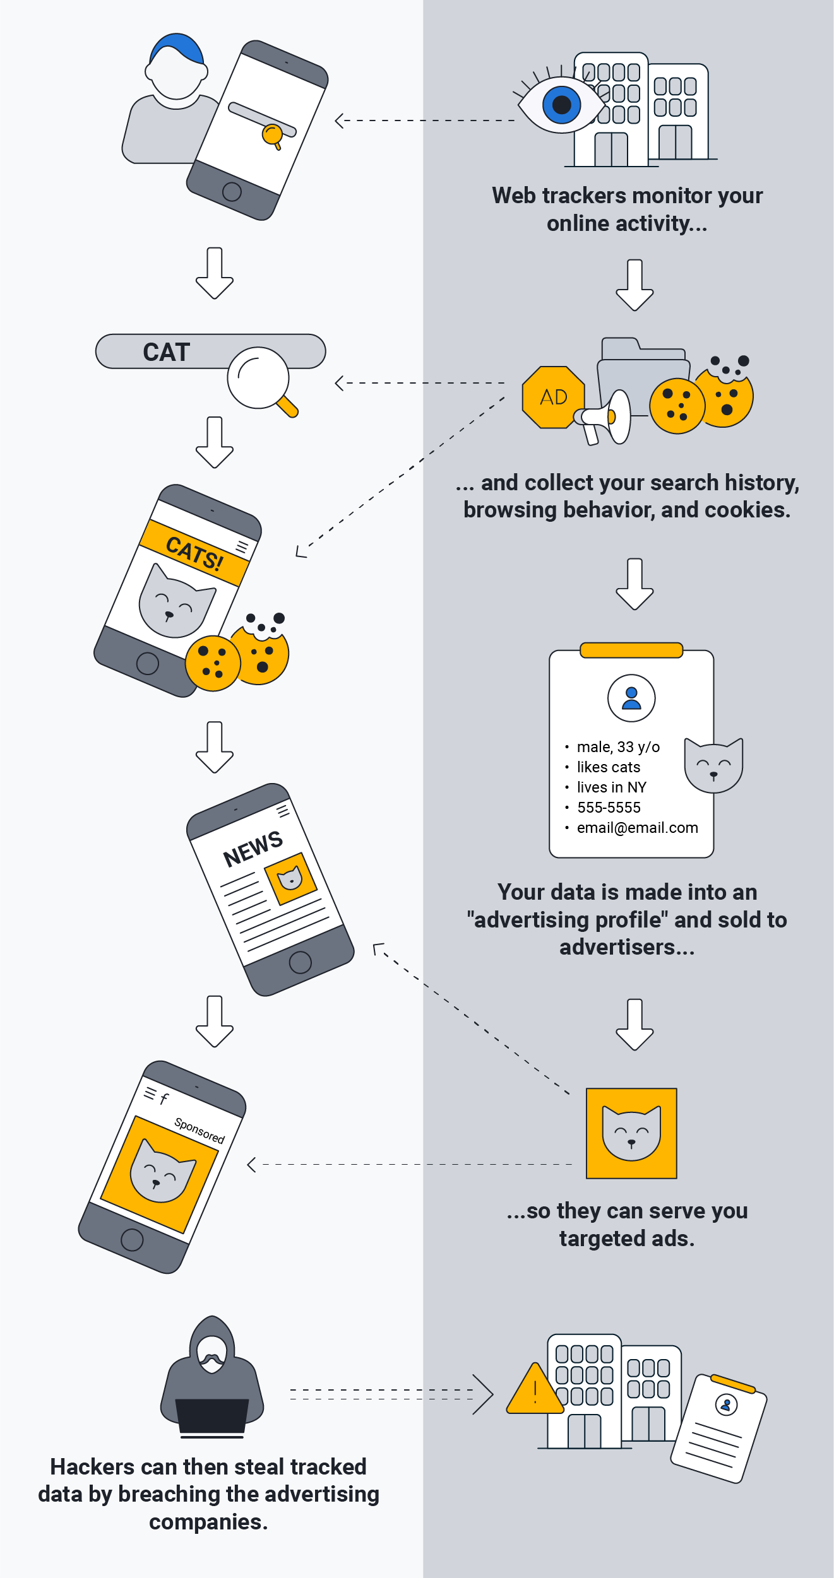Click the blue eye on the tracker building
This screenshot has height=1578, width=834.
click(561, 105)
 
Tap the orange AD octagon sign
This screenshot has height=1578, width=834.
click(553, 397)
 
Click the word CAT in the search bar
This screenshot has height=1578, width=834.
click(166, 352)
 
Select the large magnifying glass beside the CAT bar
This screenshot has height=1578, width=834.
click(258, 379)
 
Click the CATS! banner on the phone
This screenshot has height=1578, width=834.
click(194, 553)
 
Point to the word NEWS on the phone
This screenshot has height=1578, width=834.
click(253, 848)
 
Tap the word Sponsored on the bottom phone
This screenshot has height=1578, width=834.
click(200, 1130)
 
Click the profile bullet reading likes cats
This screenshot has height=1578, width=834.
click(608, 767)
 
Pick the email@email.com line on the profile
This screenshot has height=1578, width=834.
click(637, 828)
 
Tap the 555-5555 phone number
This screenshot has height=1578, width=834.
click(609, 808)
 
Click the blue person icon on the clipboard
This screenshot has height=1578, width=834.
click(631, 698)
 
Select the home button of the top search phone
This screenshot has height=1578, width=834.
click(232, 191)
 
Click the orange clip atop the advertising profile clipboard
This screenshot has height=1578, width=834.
click(631, 650)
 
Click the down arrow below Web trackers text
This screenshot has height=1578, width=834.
click(634, 285)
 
